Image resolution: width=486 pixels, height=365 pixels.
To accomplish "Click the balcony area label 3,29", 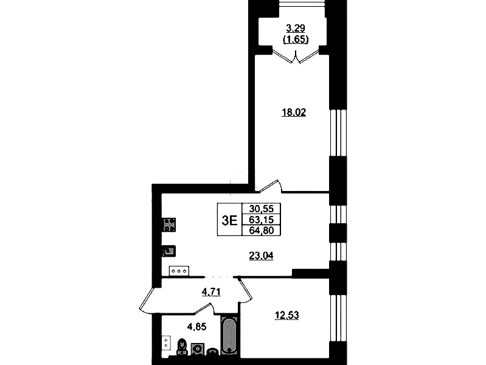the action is (296, 29).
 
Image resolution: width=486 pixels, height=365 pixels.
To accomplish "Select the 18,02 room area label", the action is (294, 113).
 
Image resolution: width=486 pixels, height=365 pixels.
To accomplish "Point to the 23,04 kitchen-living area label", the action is (262, 255).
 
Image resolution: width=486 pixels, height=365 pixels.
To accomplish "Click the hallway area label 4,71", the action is (211, 292).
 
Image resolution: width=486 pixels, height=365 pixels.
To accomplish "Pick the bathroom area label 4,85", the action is (196, 326).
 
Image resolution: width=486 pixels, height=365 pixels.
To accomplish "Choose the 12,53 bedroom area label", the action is (287, 315).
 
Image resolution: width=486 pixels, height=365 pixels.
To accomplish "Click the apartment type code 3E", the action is (230, 220).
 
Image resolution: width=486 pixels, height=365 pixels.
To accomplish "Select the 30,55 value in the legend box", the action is (262, 209).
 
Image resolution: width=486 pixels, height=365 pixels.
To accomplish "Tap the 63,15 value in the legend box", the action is (262, 220).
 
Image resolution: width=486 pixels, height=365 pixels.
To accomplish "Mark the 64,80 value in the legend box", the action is (262, 231).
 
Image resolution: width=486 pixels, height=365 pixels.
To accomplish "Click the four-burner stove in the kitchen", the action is (169, 225).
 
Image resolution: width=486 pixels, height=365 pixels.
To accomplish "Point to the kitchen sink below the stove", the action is (169, 251).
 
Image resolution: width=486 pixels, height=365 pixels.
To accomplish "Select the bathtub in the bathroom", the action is (229, 336).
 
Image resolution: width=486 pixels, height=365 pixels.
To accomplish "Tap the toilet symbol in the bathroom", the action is (182, 347).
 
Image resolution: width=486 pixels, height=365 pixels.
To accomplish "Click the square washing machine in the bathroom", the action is (198, 349).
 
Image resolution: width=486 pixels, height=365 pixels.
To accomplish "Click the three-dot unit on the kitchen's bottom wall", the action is (179, 271).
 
